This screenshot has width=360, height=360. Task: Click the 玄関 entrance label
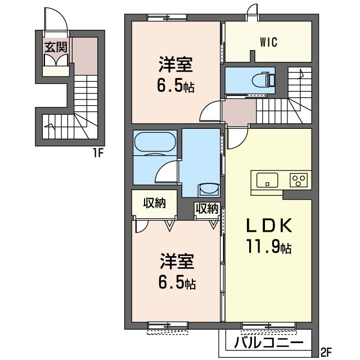(56, 47)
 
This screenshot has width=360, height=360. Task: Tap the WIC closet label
(269, 42)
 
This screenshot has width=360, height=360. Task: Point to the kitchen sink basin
(267, 180)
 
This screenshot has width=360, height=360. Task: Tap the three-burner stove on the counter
(299, 180)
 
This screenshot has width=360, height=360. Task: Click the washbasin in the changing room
(209, 190)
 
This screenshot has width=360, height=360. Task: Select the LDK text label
(269, 226)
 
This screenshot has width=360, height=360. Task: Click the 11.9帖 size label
(269, 246)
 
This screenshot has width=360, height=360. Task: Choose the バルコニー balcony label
(268, 343)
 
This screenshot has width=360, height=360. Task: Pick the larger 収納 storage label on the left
(154, 203)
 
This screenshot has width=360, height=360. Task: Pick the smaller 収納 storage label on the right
(206, 209)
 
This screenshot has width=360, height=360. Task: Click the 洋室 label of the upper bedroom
(175, 65)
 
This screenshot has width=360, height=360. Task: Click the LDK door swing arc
(241, 142)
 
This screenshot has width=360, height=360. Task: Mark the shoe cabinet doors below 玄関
(56, 61)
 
